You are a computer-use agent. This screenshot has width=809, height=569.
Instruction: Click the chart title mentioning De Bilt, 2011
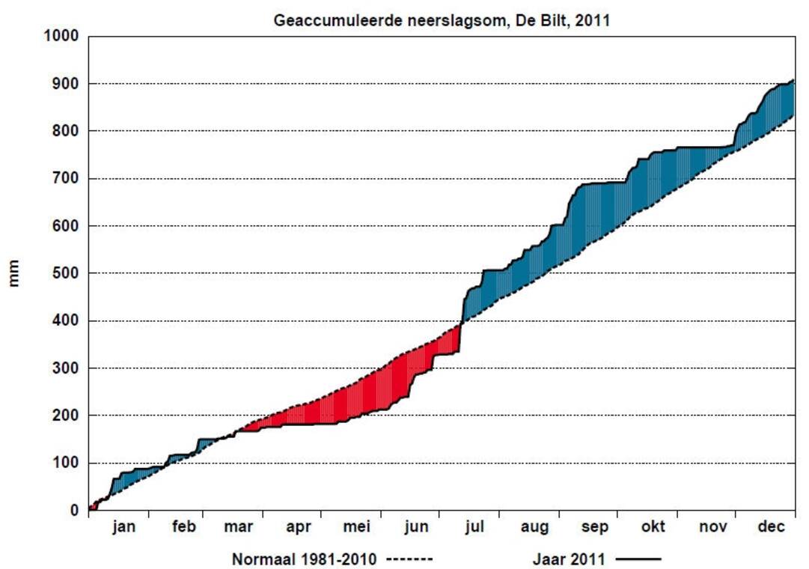(x=442, y=20)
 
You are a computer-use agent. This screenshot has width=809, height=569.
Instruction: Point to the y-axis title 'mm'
(x=14, y=273)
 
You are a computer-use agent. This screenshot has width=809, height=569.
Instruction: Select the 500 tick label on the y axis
(x=66, y=273)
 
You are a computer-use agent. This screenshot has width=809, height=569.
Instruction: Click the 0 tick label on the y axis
(x=74, y=511)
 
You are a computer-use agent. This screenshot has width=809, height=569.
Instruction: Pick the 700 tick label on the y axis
(x=66, y=178)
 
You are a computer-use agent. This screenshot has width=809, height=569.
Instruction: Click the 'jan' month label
(x=124, y=527)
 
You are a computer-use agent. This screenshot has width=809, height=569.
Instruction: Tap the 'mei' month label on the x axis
(x=357, y=527)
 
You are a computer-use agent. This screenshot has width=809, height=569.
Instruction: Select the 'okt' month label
(x=653, y=527)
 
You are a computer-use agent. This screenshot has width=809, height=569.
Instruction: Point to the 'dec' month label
(x=771, y=527)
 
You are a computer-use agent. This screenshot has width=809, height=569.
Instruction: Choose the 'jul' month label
(x=474, y=527)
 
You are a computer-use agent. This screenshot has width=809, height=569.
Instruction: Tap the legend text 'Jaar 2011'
(x=569, y=559)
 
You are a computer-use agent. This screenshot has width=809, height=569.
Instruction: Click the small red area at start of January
(x=93, y=507)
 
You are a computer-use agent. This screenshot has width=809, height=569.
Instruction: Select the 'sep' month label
(x=595, y=527)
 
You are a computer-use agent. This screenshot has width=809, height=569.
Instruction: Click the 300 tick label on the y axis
(x=66, y=368)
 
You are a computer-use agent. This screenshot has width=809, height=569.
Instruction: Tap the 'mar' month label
(x=238, y=527)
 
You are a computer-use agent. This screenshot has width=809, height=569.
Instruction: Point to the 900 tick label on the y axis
(x=66, y=84)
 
